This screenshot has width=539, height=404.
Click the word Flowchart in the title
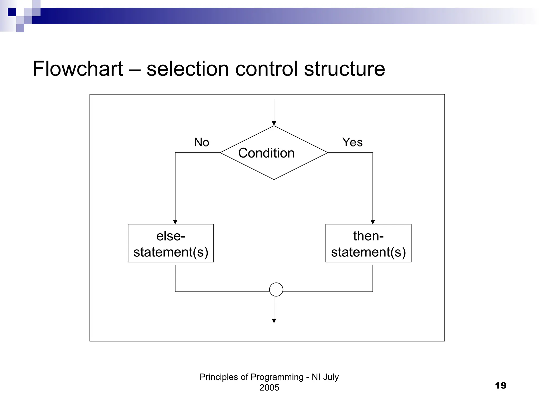pyautogui.click(x=78, y=69)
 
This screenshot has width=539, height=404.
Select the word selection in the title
pyautogui.click(x=187, y=69)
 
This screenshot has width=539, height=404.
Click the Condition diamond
pyautogui.click(x=274, y=153)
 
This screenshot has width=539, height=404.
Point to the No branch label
pyautogui.click(x=201, y=142)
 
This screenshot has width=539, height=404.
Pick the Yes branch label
pyautogui.click(x=352, y=142)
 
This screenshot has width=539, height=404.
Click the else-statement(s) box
pyautogui.click(x=171, y=243)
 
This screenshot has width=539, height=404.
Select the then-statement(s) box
pyautogui.click(x=368, y=243)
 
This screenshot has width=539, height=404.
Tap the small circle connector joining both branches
pyautogui.click(x=276, y=290)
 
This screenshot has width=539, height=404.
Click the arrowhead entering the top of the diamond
pyautogui.click(x=274, y=123)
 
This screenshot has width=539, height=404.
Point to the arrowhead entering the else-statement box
pyautogui.click(x=175, y=222)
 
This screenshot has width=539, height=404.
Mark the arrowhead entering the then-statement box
pyautogui.click(x=373, y=222)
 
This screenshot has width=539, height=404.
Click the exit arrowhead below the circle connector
pyautogui.click(x=274, y=321)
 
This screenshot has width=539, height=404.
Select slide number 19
pyautogui.click(x=500, y=386)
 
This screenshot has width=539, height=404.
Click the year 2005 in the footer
pyautogui.click(x=269, y=388)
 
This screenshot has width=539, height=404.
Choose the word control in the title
pyautogui.click(x=266, y=69)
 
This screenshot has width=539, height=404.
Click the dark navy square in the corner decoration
pyautogui.click(x=12, y=12)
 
